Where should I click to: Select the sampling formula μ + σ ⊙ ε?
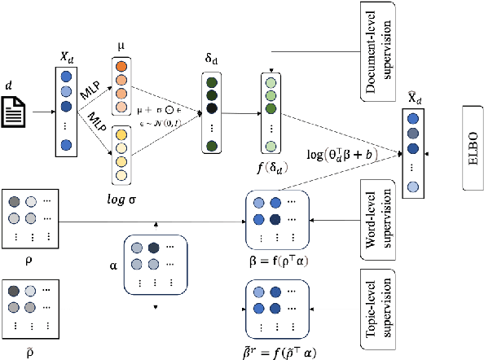166,108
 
